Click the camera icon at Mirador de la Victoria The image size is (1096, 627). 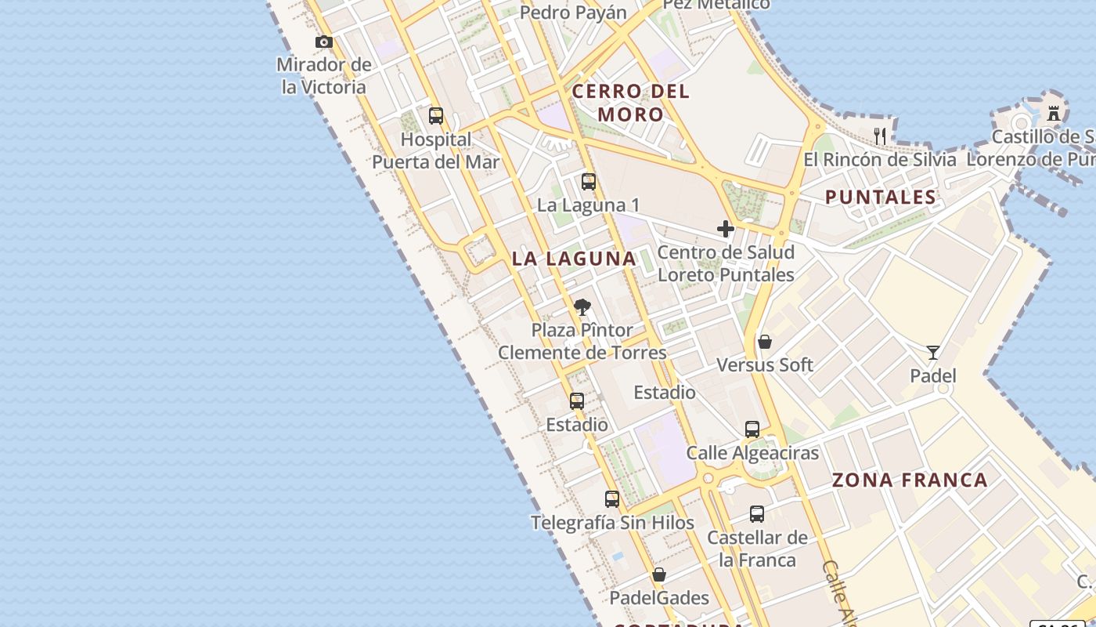click(x=324, y=42)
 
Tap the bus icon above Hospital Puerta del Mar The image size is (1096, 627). click(x=436, y=116)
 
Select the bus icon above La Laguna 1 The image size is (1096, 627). click(x=589, y=182)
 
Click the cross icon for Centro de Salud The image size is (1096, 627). click(x=726, y=229)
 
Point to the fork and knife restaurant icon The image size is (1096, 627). click(x=880, y=136)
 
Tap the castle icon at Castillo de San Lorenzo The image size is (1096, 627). click(x=1054, y=114)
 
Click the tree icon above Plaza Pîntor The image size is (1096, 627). click(x=582, y=306)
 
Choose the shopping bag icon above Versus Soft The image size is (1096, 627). click(x=765, y=342)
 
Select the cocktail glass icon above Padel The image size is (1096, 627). click(x=932, y=353)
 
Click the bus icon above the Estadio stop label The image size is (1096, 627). click(x=577, y=401)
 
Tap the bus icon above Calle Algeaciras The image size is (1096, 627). click(x=752, y=429)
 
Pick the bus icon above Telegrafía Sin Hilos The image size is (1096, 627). click(x=612, y=498)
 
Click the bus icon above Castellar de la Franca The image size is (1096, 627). click(x=757, y=514)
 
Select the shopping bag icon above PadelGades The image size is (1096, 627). click(x=659, y=574)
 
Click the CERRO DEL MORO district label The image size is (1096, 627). click(x=631, y=103)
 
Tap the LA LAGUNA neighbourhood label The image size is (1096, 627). click(x=574, y=259)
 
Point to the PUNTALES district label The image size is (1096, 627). click(x=881, y=198)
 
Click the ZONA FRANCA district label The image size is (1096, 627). click(x=910, y=480)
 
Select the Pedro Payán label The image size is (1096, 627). click(x=573, y=13)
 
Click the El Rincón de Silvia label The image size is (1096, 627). click(x=880, y=160)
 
